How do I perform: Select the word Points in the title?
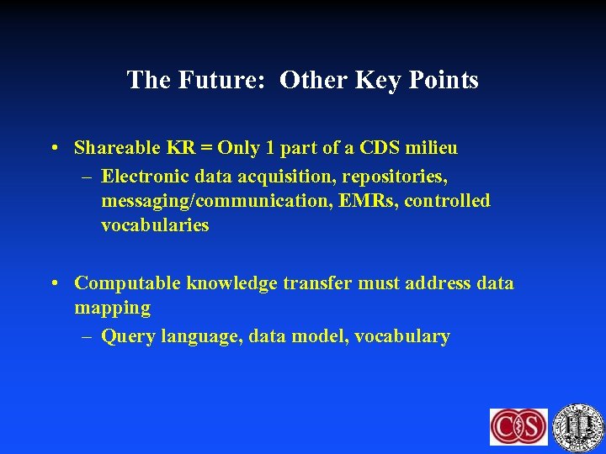coord(442,80)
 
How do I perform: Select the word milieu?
coord(433,149)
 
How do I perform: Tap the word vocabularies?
coord(155,225)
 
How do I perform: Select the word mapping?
coord(112,309)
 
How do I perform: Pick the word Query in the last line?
coord(125,336)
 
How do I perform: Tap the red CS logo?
coord(518,426)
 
